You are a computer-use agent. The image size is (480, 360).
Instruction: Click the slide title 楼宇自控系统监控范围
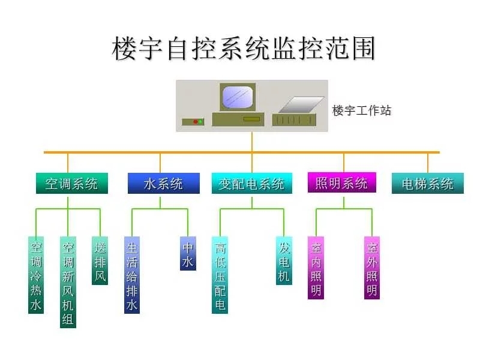pyautogui.click(x=244, y=49)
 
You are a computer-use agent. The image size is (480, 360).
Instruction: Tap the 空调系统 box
pyautogui.click(x=71, y=183)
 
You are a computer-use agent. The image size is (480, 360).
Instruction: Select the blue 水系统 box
pyautogui.click(x=163, y=183)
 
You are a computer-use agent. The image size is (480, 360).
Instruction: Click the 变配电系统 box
pyautogui.click(x=251, y=183)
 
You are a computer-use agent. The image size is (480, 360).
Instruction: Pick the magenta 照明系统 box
pyautogui.click(x=341, y=182)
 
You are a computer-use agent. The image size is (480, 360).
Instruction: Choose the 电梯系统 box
pyautogui.click(x=427, y=183)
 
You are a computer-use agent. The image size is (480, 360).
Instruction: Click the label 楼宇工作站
pyautogui.click(x=362, y=110)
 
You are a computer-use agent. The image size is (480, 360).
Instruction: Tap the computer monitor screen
pyautogui.click(x=238, y=97)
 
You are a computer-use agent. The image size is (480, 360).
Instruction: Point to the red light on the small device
pyautogui.click(x=196, y=122)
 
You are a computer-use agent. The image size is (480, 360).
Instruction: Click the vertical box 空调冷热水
pyautogui.click(x=36, y=275)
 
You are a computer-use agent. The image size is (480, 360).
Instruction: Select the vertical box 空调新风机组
pyautogui.click(x=68, y=282)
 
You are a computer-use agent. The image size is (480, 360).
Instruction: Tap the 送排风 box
pyautogui.click(x=100, y=260)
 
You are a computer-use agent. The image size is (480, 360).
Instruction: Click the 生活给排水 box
pyautogui.click(x=132, y=275)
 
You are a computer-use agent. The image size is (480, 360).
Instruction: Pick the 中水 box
pyautogui.click(x=188, y=253)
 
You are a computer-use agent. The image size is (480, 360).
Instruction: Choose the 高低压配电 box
pyautogui.click(x=220, y=275)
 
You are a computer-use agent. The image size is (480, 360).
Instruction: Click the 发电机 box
pyautogui.click(x=284, y=260)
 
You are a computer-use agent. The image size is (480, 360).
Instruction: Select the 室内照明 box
pyautogui.click(x=316, y=268)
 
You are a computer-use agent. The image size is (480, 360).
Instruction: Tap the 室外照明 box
pyautogui.click(x=372, y=268)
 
